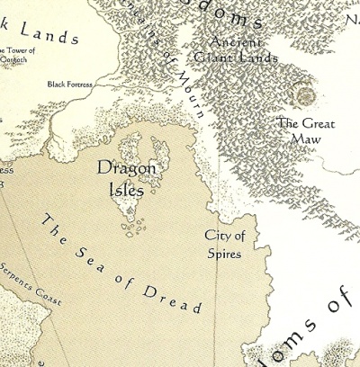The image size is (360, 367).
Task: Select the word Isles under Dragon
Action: pos(127,188)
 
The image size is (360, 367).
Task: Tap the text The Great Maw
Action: pos(299,131)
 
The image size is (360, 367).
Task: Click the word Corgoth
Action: pos(20,60)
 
